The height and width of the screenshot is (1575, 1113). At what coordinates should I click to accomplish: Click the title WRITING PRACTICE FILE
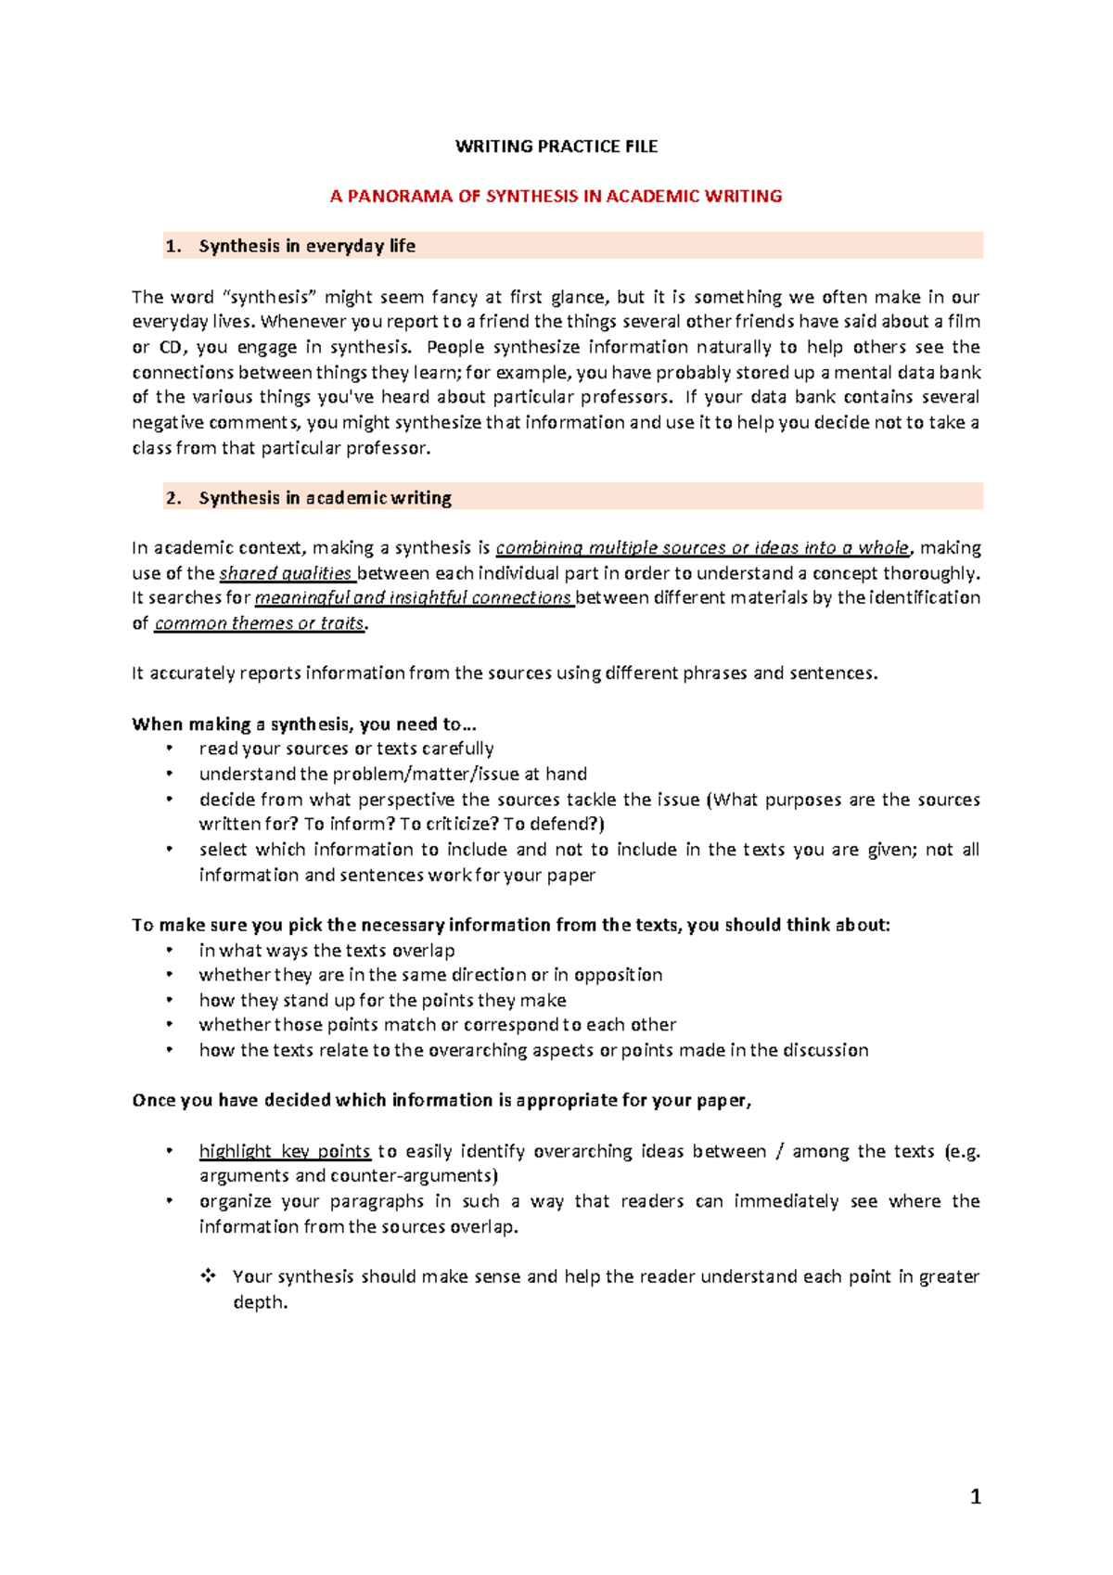point(556,147)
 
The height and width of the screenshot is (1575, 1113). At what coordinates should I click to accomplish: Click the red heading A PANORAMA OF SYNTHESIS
point(556,197)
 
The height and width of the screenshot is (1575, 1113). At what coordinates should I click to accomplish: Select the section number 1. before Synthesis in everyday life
point(173,247)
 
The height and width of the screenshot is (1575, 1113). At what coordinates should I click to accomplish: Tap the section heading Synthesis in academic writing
point(325,498)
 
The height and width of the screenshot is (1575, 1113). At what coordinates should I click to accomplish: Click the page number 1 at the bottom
point(975,1496)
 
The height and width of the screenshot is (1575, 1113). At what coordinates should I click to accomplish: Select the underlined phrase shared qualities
point(286,573)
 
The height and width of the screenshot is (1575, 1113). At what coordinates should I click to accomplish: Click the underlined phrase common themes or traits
point(259,623)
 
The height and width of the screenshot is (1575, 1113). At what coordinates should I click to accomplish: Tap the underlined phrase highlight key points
point(285,1151)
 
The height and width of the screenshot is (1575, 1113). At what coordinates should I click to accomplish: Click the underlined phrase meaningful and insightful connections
point(413,598)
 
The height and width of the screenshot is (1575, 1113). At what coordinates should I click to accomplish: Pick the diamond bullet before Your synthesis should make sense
point(208,1276)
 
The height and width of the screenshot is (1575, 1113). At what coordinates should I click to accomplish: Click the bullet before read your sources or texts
point(169,749)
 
